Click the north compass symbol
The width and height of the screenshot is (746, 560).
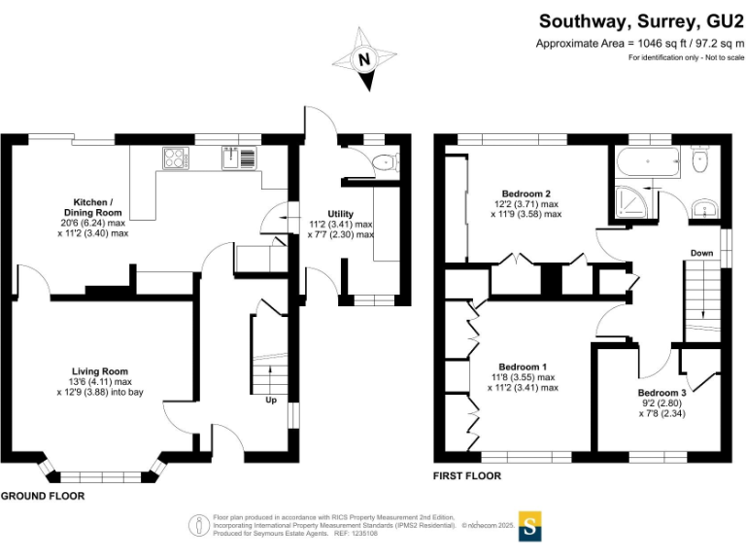tap(366, 61)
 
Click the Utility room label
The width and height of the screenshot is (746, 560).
tap(340, 214)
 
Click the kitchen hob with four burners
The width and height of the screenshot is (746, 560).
tap(177, 157)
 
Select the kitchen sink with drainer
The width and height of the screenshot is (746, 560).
tap(238, 157)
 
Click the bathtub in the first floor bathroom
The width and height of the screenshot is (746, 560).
tap(649, 164)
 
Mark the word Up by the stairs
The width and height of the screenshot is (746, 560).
tap(271, 399)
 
